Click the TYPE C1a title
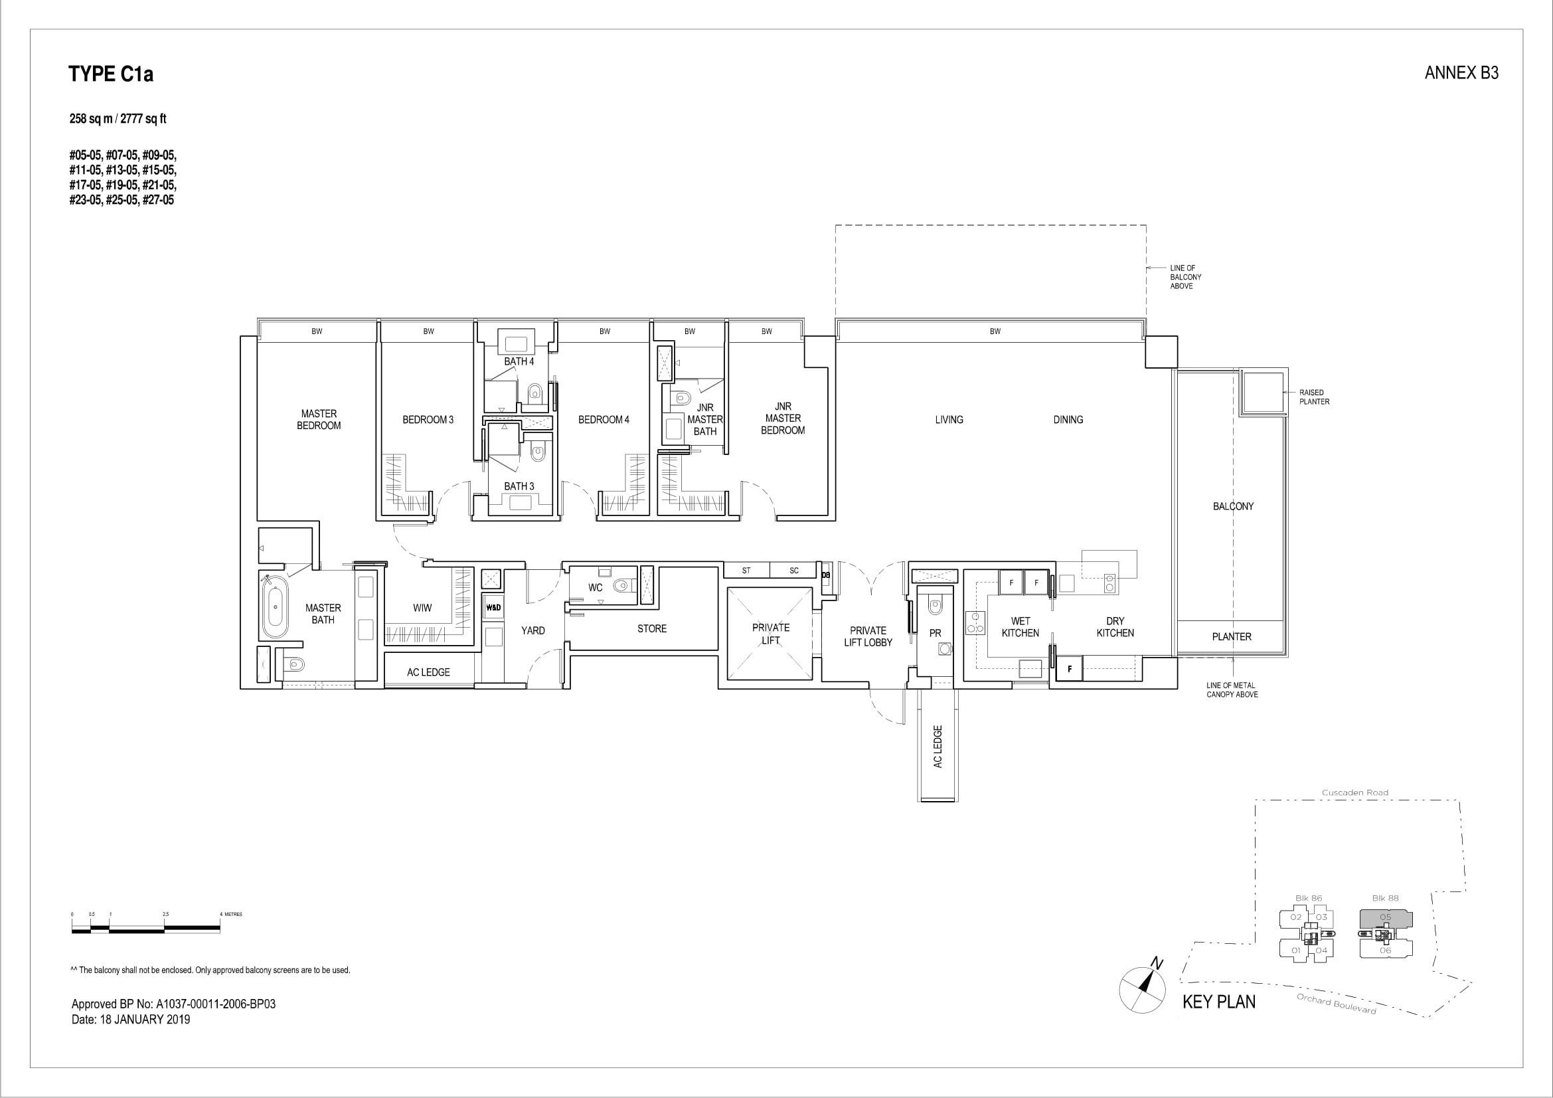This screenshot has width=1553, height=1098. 111,74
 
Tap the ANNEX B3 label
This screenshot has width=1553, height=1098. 1461,73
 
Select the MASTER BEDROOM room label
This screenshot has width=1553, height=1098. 319,419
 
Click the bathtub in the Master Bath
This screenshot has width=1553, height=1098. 275,606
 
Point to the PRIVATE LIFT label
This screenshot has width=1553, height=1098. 771,634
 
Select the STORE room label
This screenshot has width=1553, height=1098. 652,628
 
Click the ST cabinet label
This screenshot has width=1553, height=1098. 746,571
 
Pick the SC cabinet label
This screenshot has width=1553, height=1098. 794,571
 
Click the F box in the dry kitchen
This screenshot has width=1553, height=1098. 1070,669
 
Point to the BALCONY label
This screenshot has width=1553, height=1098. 1233,506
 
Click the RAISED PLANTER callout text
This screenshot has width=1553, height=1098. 1314,397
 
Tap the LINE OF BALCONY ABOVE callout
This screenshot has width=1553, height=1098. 1186,277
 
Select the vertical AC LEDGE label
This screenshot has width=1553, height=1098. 938,747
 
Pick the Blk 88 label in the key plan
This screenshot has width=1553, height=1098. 1385,899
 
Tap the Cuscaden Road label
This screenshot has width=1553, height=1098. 1355,793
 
